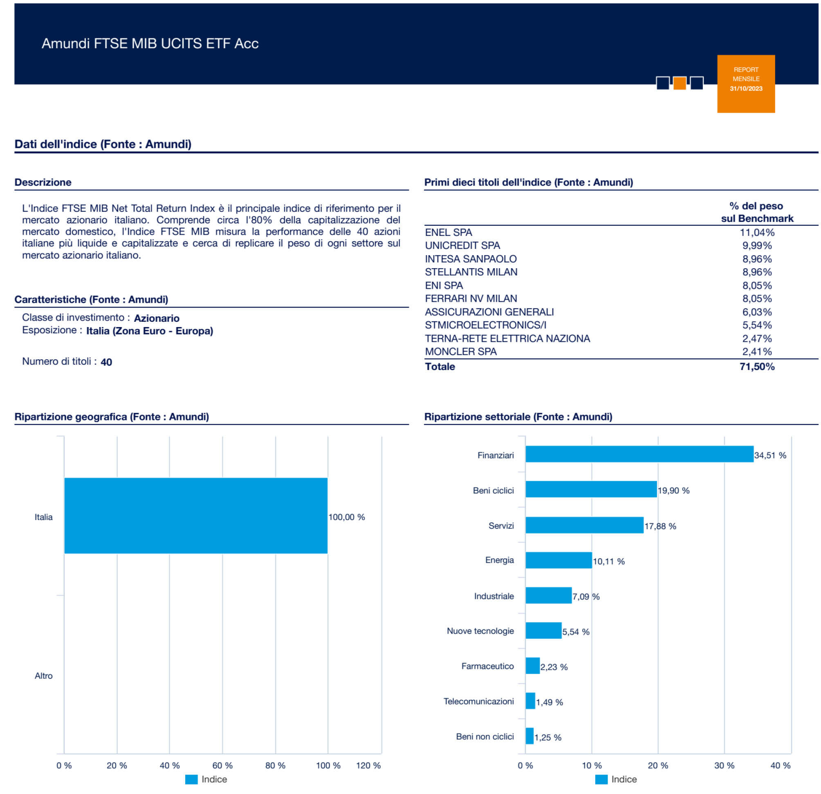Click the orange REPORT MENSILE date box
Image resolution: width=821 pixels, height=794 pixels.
(746, 83)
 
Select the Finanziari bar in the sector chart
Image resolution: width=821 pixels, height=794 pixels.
(639, 454)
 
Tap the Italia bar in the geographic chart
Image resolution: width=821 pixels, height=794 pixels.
(195, 516)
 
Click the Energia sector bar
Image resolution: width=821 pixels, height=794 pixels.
(559, 560)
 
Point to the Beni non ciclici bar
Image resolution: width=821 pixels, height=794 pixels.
(529, 736)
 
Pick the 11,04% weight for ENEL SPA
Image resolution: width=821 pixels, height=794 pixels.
(757, 232)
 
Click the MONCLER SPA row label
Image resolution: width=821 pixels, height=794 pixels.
(461, 351)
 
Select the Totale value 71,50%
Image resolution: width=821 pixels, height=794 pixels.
(757, 366)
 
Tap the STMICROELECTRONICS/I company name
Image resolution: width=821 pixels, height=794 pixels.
(485, 325)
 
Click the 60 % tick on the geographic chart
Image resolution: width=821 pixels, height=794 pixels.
(222, 765)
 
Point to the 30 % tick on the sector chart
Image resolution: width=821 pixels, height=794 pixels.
(724, 765)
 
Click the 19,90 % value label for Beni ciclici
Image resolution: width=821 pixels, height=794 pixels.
(673, 490)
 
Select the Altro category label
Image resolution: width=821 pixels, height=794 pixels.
(44, 675)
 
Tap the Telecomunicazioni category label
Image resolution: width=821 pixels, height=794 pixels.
(478, 701)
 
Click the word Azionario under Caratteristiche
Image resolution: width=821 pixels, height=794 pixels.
(157, 318)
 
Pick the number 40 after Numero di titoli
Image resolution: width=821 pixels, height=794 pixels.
(106, 362)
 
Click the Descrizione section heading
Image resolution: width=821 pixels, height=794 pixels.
(43, 182)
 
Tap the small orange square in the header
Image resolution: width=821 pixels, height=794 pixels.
(680, 83)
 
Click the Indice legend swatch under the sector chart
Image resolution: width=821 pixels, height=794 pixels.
(601, 779)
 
